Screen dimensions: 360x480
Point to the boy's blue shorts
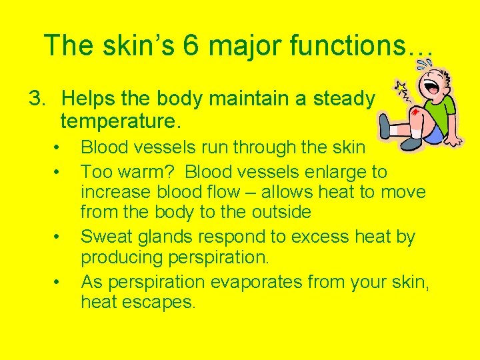[x=435, y=135]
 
